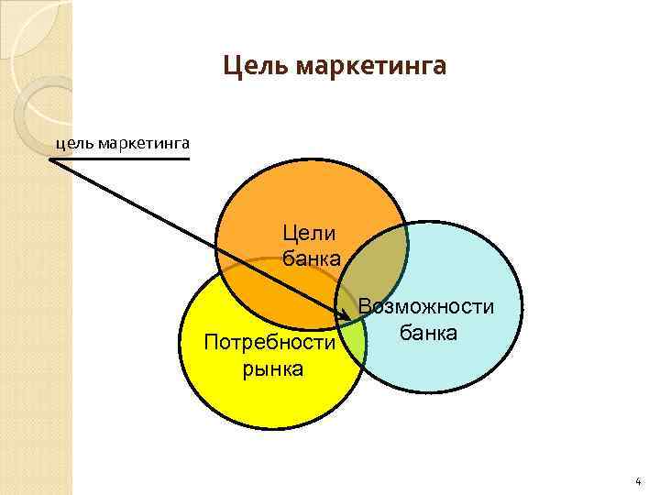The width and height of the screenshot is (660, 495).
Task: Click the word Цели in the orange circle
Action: pyautogui.click(x=310, y=236)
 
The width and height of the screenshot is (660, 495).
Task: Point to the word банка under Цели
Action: pyautogui.click(x=311, y=258)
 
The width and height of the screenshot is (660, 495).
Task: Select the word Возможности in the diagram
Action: pyautogui.click(x=427, y=308)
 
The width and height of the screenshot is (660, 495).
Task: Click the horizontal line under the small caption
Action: pyautogui.click(x=119, y=159)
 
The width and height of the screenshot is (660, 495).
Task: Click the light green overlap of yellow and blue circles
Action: pyautogui.click(x=352, y=344)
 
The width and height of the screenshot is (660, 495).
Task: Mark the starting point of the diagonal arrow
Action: pyautogui.click(x=50, y=160)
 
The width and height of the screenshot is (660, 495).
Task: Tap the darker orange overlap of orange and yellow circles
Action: pyautogui.click(x=275, y=293)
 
